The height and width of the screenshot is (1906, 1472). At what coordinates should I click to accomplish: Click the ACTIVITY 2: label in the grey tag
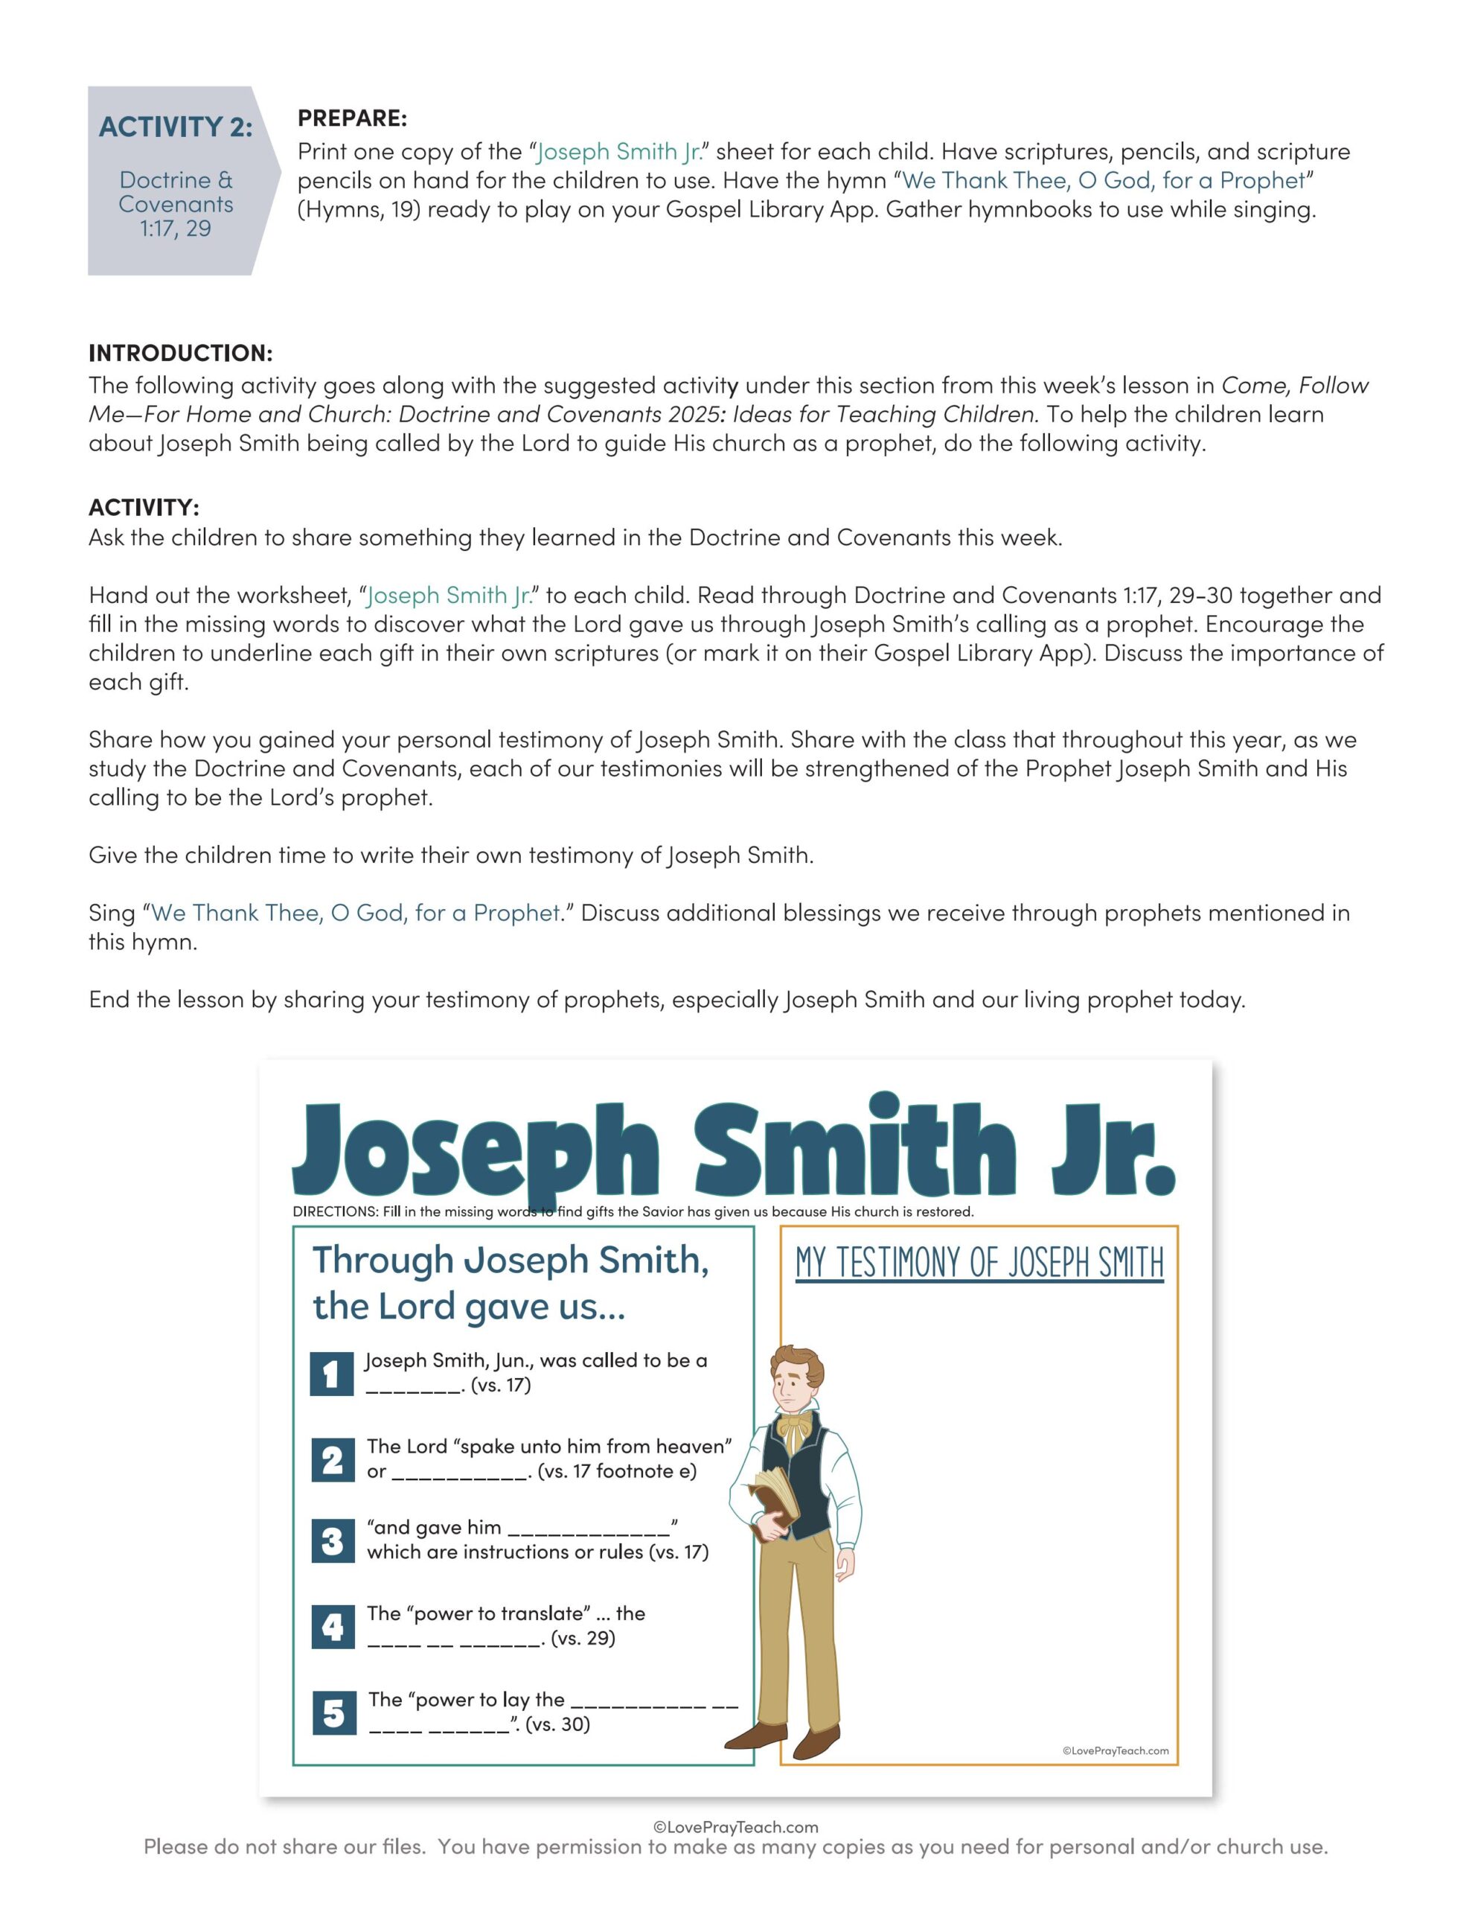(176, 127)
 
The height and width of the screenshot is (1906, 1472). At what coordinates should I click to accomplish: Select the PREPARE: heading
(352, 118)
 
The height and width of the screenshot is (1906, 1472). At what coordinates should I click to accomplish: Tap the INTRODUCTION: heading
(181, 353)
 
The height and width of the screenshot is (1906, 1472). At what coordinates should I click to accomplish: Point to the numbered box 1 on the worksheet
(332, 1374)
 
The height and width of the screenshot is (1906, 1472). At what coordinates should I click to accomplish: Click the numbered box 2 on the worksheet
(333, 1460)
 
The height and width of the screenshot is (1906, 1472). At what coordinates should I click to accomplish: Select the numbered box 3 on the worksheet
(333, 1541)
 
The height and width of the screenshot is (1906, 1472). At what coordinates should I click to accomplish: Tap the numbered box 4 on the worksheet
(333, 1627)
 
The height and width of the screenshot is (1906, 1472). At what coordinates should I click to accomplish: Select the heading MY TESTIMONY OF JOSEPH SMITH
(979, 1263)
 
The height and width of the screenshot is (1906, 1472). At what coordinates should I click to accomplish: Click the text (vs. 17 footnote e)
(617, 1471)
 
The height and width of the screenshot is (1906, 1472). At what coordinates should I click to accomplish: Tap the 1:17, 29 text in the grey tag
(176, 229)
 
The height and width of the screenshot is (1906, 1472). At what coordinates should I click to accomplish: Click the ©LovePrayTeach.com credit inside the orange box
(1115, 1750)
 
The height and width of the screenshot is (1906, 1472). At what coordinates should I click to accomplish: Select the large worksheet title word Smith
(855, 1150)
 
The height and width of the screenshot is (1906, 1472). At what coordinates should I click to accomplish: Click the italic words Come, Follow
(1295, 385)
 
